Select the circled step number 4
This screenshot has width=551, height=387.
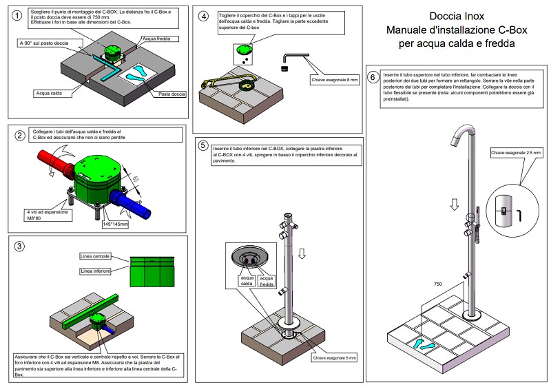pos(203,15)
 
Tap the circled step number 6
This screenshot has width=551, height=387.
pos(373,77)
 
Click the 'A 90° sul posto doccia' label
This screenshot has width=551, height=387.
pos(43,43)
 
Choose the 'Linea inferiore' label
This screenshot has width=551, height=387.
pos(94,271)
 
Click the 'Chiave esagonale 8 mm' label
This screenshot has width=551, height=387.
pos(333,81)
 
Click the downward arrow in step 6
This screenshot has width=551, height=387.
pos(452,205)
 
